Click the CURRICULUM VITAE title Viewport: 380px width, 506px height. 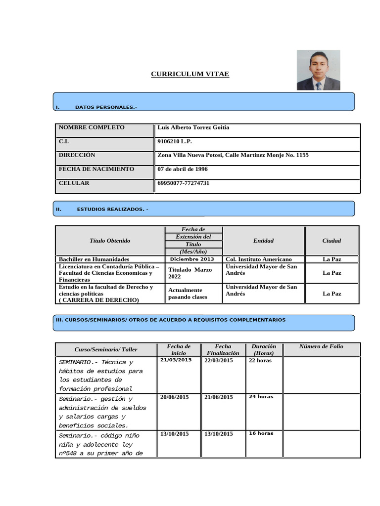[190, 74]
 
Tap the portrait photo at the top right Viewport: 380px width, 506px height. [318, 70]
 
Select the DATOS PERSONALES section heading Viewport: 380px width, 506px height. [106, 107]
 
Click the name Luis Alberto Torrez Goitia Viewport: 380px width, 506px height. [193, 127]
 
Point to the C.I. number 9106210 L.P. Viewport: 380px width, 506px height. [174, 141]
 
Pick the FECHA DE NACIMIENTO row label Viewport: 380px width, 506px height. [96, 169]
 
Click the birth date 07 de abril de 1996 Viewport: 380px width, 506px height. [182, 169]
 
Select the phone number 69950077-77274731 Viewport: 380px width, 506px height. [183, 183]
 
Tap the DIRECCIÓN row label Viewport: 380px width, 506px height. [77, 155]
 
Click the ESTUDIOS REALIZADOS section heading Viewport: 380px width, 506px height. [112, 209]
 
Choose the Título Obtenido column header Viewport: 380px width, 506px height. [110, 241]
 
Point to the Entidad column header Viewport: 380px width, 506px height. [263, 241]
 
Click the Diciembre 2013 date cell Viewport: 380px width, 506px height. [192, 259]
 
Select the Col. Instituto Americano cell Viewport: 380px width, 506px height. [258, 259]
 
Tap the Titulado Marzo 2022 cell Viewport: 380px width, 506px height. [190, 273]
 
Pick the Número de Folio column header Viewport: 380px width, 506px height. [321, 346]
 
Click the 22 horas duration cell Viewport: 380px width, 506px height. [260, 360]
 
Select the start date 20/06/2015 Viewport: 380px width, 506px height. [174, 397]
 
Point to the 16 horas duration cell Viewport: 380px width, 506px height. [261, 433]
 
